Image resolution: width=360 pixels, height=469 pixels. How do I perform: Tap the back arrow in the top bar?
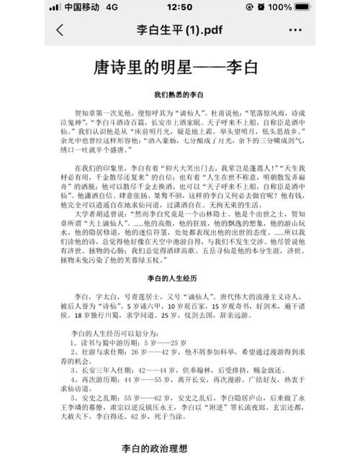60,30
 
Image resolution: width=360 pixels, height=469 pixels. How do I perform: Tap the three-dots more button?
295,31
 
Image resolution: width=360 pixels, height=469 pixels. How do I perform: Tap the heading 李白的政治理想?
153,448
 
